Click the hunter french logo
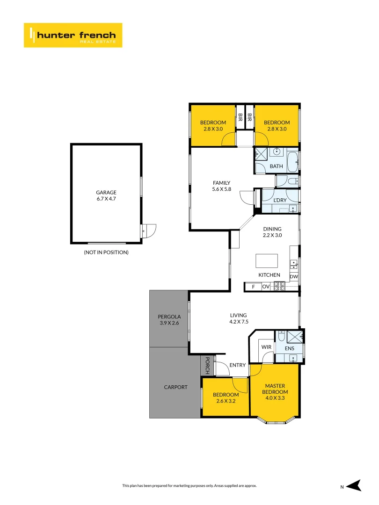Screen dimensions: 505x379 (x=73, y=35)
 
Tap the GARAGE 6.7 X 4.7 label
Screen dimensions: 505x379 (x=106, y=195)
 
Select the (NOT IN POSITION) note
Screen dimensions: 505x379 (x=106, y=252)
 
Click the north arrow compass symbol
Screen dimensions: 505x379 (x=355, y=486)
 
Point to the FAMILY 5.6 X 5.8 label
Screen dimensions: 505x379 (x=221, y=186)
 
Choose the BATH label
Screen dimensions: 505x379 (x=277, y=166)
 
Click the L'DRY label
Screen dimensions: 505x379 (x=280, y=200)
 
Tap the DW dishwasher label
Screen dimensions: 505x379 (x=293, y=277)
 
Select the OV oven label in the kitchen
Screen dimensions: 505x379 (x=266, y=287)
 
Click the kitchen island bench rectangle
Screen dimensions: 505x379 (x=266, y=260)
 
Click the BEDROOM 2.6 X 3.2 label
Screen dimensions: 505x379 (x=225, y=397)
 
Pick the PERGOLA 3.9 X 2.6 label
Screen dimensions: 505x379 (x=169, y=320)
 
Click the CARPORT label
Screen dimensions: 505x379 (x=175, y=387)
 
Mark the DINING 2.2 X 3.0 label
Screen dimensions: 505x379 (x=272, y=232)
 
